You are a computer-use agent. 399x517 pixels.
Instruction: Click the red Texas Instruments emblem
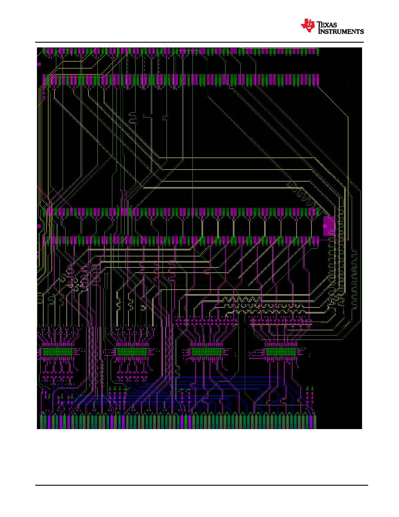(307, 26)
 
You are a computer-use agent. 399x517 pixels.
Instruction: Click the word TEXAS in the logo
(326, 24)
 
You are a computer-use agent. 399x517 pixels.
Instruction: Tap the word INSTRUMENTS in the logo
(340, 31)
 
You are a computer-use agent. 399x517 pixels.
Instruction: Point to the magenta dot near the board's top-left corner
(39, 64)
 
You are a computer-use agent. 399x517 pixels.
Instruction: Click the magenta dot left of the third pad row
(39, 226)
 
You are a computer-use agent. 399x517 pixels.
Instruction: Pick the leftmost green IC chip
(57, 352)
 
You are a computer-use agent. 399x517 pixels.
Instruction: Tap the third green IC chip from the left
(206, 352)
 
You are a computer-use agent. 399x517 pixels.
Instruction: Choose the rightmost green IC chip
(281, 352)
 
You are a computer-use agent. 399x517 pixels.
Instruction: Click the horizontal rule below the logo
(199, 42)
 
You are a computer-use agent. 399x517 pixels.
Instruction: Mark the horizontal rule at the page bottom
(202, 485)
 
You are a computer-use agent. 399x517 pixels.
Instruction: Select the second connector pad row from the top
(181, 80)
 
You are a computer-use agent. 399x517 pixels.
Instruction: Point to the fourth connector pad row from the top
(181, 240)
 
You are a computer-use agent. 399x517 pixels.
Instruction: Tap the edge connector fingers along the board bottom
(178, 422)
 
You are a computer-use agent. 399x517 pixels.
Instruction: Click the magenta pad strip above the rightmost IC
(280, 321)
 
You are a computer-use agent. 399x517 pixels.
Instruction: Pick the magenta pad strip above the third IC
(206, 321)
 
